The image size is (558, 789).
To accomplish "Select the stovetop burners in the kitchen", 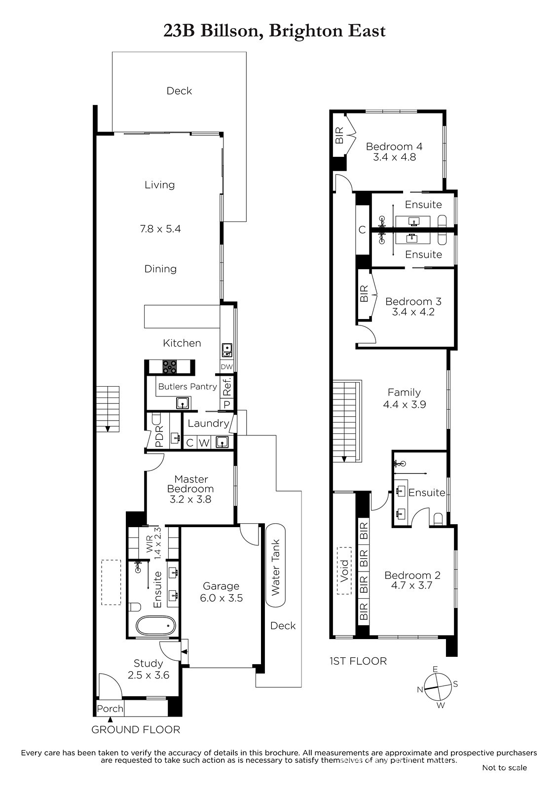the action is tap(170, 367).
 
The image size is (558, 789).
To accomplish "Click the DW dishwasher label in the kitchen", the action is tap(226, 367).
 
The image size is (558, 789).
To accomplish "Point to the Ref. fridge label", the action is tap(226, 387).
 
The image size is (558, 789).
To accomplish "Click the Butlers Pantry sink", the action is tap(182, 403).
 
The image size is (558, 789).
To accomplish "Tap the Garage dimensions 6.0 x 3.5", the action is tap(222, 598).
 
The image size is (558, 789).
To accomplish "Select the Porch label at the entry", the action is tap(110, 708).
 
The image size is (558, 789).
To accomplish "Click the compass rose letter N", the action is tap(420, 689).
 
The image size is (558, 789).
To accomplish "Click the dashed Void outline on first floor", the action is tap(344, 571).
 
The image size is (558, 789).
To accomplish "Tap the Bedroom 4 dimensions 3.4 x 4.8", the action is tap(394, 157).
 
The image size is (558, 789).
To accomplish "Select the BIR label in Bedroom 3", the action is tap(364, 293).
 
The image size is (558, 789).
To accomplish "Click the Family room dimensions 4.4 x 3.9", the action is tap(404, 404).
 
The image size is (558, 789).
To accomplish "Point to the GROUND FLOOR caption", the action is tap(136, 729).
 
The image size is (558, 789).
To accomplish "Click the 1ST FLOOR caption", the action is tap(358, 661).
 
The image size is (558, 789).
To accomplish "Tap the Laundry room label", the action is tap(208, 423).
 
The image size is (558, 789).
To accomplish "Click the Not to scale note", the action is tap(504, 767).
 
